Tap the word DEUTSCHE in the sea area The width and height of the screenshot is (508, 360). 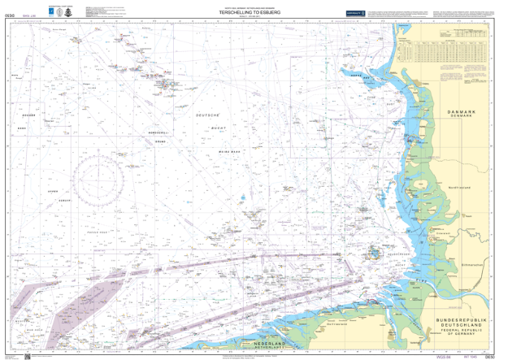pyautogui.click(x=209, y=116)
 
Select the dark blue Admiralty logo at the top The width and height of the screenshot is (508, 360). pyautogui.click(x=354, y=12)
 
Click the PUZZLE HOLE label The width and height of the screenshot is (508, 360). pyautogui.click(x=97, y=232)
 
